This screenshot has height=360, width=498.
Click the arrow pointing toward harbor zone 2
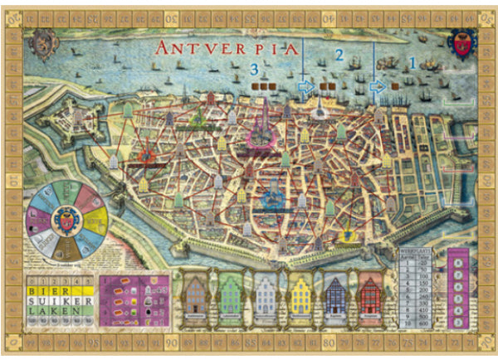point(306,85)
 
